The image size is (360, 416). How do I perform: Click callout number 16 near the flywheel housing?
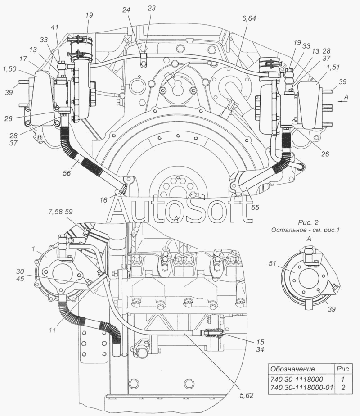103,200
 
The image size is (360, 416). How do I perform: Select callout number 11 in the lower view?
53,330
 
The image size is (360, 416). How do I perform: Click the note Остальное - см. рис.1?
305,231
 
